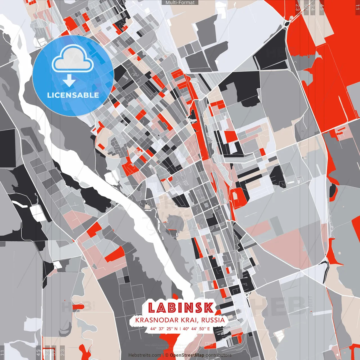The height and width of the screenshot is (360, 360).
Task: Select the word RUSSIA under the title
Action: pos(213,320)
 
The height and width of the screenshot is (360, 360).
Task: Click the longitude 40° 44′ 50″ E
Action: pos(196,328)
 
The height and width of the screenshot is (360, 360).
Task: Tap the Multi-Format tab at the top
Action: pos(180,3)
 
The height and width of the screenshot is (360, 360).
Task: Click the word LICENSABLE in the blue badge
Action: pos(73,95)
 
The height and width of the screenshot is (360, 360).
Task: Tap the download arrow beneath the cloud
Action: pos(69,81)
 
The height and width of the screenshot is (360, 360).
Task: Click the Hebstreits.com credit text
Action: pos(145,355)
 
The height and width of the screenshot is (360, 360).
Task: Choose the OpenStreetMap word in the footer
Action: pos(187,355)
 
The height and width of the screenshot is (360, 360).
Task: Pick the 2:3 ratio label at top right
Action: pos(298,7)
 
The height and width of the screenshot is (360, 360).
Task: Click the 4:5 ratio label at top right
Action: pos(322,7)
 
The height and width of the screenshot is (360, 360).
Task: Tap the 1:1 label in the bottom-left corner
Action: pos(3,353)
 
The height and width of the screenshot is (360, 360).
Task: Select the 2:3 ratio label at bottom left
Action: pos(62,352)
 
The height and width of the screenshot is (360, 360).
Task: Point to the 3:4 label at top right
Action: pos(313,7)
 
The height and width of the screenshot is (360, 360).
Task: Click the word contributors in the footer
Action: pos(219,355)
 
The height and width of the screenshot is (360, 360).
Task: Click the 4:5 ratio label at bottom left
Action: pos(38,352)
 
